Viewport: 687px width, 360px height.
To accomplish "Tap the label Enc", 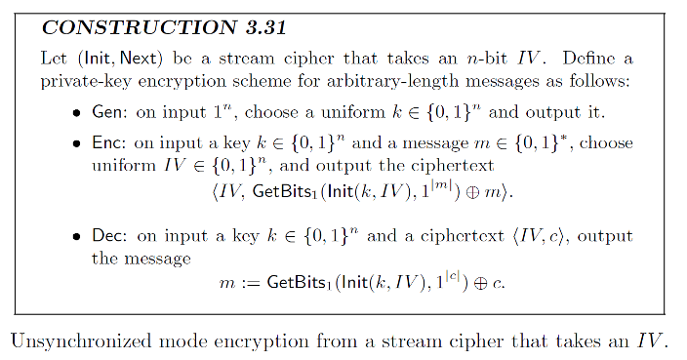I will (105, 143).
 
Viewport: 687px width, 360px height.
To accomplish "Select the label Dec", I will (106, 237).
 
